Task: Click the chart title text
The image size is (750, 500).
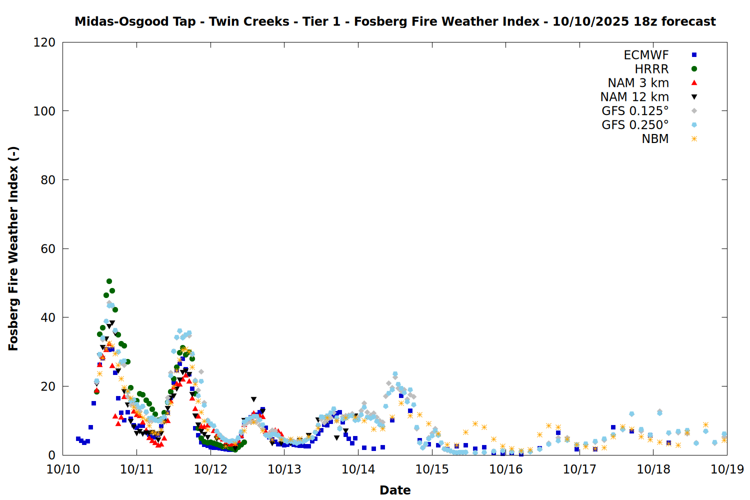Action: point(395,21)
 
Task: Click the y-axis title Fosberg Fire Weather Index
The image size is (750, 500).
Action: point(13,248)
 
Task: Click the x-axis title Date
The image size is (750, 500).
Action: point(395,490)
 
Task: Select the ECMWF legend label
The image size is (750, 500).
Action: point(646,55)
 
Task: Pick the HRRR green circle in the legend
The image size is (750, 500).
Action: point(694,69)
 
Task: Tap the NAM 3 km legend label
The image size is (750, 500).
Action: point(638,83)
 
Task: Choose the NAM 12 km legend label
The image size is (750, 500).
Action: point(634,97)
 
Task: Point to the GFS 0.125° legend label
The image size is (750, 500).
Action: point(635,111)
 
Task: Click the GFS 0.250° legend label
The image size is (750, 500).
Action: point(635,125)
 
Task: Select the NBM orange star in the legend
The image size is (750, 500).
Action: point(694,139)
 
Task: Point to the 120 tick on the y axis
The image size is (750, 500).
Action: point(44,42)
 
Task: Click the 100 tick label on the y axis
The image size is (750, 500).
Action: point(44,111)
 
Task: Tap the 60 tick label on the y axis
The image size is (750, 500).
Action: point(48,248)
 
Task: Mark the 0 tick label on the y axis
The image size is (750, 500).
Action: point(51,455)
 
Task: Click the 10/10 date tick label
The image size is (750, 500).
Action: point(63,469)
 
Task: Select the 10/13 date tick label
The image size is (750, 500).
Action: point(284,469)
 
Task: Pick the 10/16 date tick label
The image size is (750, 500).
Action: point(506,469)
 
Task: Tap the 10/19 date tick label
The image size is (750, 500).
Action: point(727,469)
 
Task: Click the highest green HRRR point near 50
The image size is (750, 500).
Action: point(109,281)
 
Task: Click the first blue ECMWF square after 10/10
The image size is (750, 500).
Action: point(78,439)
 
